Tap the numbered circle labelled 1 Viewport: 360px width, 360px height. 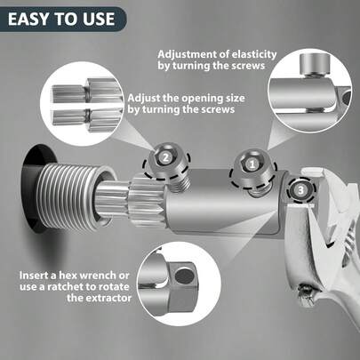(x=252, y=164)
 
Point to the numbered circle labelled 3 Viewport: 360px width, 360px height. (x=301, y=188)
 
